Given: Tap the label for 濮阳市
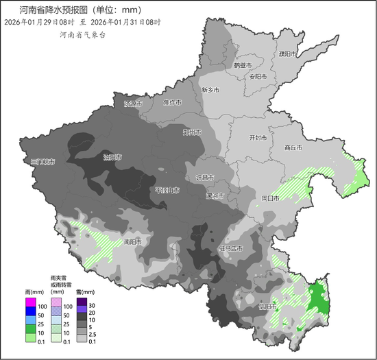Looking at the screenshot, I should (x=287, y=53).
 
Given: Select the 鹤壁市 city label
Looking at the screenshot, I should (x=243, y=65).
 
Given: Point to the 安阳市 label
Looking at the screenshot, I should (x=258, y=76).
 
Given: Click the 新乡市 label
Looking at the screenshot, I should (x=210, y=90).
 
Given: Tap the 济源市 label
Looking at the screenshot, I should (x=133, y=104).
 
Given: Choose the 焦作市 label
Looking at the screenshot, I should (x=172, y=103).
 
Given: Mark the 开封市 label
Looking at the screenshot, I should (x=257, y=137).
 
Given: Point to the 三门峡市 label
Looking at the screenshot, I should (x=43, y=162).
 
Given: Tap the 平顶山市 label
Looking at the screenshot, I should (x=168, y=189).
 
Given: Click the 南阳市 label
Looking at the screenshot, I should (x=133, y=242).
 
